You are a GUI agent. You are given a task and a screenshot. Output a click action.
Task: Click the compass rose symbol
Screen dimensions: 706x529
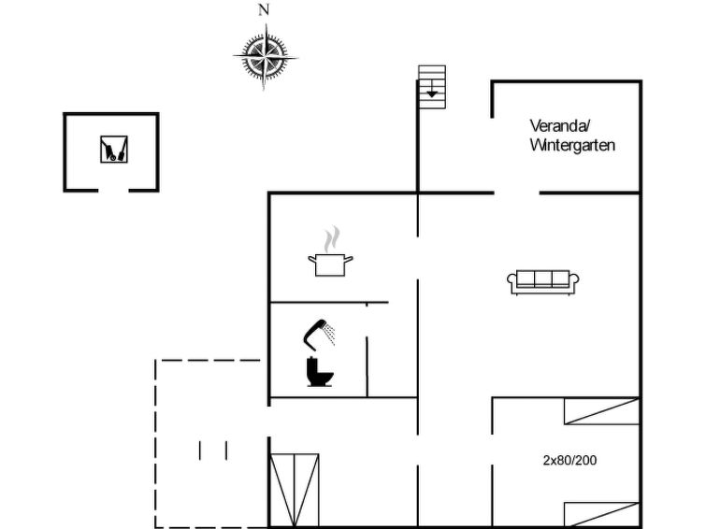(x=266, y=57)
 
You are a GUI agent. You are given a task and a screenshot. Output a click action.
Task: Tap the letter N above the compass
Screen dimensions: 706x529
(x=264, y=9)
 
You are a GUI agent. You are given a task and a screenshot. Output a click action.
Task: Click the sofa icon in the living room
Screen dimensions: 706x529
(x=543, y=282)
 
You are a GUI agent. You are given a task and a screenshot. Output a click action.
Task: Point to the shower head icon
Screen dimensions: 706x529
(x=317, y=334)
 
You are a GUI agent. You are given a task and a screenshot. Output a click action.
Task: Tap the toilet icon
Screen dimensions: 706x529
(x=320, y=371)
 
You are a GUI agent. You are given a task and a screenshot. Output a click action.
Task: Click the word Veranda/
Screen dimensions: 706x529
(x=560, y=126)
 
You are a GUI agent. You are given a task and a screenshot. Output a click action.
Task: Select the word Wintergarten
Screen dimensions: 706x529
(x=572, y=146)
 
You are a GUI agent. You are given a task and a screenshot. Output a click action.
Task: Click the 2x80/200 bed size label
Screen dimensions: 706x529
(x=569, y=460)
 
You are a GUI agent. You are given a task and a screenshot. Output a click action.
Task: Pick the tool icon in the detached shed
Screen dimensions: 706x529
(x=114, y=149)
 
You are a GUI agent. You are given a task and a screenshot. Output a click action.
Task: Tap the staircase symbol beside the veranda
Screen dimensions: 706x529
(x=432, y=87)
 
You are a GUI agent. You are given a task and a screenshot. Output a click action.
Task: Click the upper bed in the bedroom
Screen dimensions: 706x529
(x=602, y=411)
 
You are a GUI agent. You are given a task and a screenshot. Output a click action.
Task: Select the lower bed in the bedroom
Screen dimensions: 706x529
(x=602, y=515)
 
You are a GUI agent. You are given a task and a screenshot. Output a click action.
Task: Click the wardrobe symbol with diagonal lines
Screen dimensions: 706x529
(x=294, y=491)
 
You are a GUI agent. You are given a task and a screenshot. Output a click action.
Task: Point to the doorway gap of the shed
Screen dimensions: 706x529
(x=113, y=191)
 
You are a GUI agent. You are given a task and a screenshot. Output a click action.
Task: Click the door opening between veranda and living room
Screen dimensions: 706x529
(x=517, y=193)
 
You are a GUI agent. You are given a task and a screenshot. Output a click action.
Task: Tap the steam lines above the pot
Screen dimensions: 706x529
(x=332, y=239)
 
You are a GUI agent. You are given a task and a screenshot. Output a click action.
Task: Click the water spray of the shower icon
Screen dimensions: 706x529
(x=330, y=334)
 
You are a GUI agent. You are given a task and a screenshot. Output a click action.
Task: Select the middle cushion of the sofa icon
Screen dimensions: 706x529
(x=543, y=279)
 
